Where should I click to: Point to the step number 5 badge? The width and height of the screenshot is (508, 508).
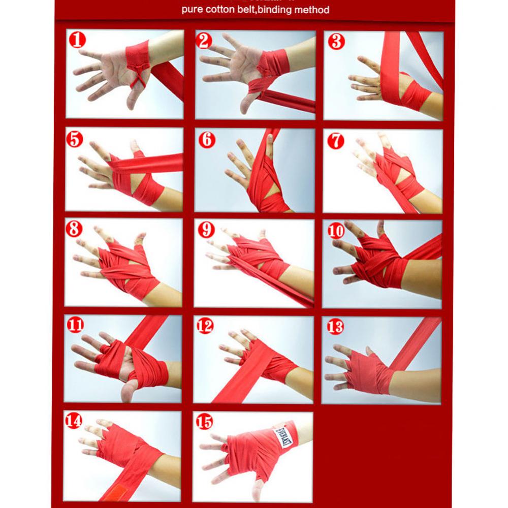pos(75,139)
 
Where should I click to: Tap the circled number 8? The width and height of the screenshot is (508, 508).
pos(74,229)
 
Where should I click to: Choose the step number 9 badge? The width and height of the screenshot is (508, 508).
pos(206,230)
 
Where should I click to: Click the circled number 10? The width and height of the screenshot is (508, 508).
pos(336,232)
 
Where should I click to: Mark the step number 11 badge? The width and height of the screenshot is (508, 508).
pos(75,325)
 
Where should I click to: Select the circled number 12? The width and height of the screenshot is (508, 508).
pos(205,326)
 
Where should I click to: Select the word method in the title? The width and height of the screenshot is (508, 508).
pos(312,10)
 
